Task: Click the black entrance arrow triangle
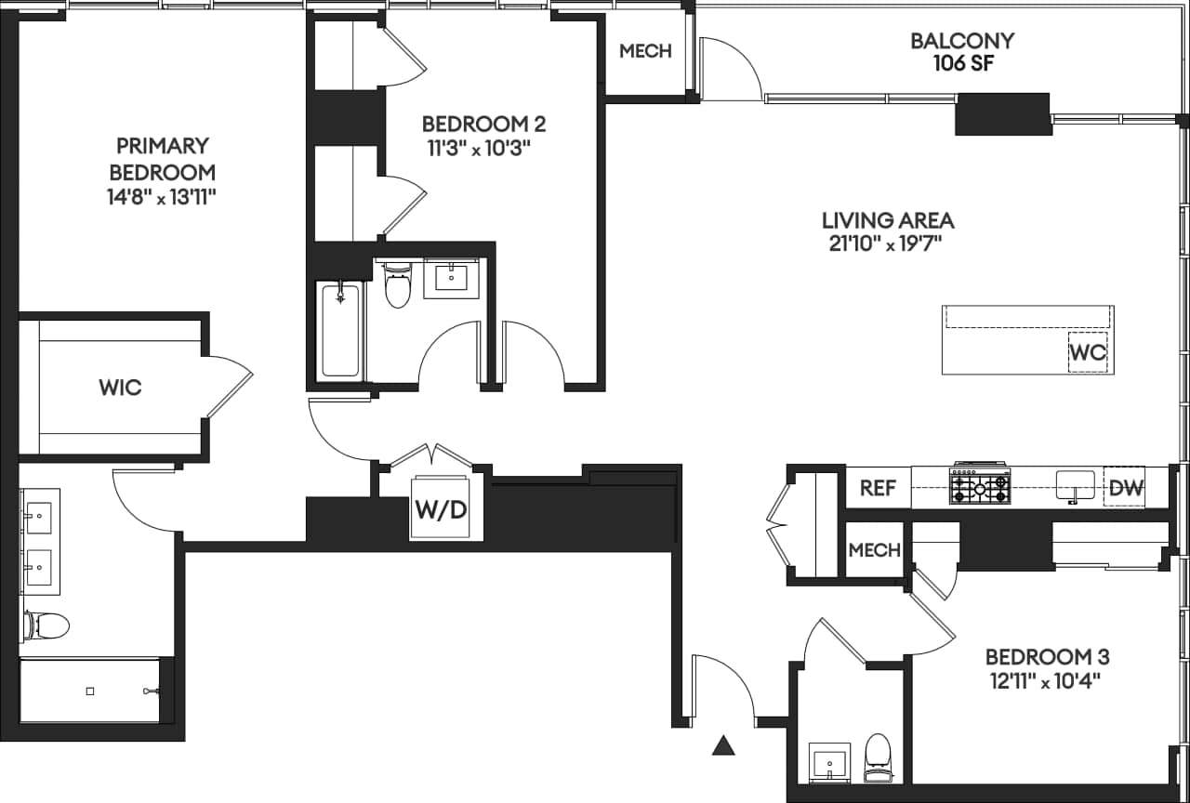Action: [724, 744]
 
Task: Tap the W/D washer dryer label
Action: [441, 509]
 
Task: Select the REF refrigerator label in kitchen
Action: [877, 488]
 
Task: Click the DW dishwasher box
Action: [1125, 488]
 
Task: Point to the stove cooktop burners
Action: [979, 486]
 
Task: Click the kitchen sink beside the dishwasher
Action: [1076, 484]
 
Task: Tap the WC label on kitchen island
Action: [1088, 353]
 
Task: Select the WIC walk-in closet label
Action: [121, 388]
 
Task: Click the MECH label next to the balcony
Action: [645, 51]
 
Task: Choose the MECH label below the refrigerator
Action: [875, 549]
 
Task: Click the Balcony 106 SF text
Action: [961, 52]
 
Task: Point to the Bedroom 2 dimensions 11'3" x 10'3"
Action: [483, 147]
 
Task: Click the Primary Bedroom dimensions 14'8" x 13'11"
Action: [163, 195]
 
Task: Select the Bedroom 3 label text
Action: [1047, 657]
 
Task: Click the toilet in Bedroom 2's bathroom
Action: [398, 287]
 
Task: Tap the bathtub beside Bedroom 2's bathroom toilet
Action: [340, 332]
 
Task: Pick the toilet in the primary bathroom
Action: [46, 625]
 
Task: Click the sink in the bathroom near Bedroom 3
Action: [828, 762]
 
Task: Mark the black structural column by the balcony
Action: [1003, 113]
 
